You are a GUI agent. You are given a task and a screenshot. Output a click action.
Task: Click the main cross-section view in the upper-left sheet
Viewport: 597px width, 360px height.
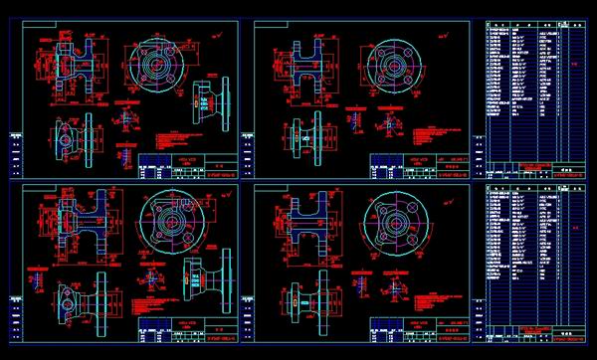75,68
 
